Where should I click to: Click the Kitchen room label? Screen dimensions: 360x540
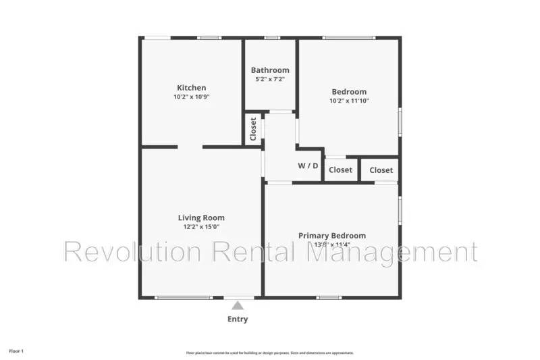[191, 88]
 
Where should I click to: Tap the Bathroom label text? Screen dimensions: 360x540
[270, 70]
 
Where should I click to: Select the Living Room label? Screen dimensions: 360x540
[201, 217]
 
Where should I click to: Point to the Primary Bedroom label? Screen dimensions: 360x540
[332, 236]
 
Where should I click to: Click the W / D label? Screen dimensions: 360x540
[308, 165]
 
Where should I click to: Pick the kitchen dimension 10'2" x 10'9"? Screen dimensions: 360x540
[191, 97]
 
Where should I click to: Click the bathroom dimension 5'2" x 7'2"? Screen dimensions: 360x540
[270, 79]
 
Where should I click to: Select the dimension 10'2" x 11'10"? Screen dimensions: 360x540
[349, 101]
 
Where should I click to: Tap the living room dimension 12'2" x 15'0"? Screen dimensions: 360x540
[201, 227]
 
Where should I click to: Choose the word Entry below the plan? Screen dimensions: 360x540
[238, 319]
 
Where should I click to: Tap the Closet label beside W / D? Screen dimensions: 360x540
[340, 170]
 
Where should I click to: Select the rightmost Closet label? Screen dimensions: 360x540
[381, 170]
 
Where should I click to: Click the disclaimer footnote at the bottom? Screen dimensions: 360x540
[270, 353]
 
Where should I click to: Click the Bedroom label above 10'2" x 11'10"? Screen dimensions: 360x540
[349, 92]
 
